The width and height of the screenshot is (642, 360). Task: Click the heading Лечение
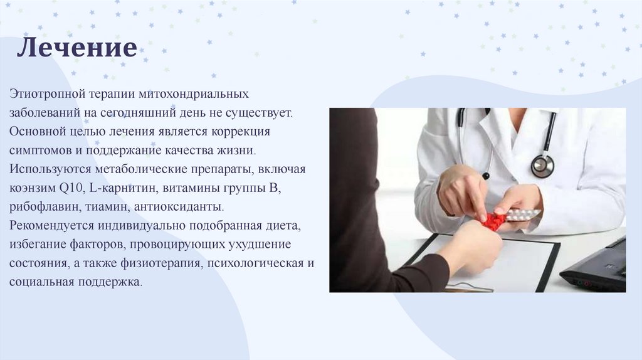[x=77, y=48]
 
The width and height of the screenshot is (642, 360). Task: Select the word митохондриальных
[x=193, y=94]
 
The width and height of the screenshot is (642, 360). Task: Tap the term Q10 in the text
[x=71, y=188]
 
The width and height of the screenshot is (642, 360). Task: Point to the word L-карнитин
[x=122, y=188]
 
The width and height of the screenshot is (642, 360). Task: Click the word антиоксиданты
[x=179, y=207]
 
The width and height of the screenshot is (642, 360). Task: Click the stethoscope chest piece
[x=542, y=166]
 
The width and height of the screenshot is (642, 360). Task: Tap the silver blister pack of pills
[x=522, y=214]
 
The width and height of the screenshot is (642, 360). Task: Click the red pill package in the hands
[x=494, y=221]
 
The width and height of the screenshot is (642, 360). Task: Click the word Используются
[x=50, y=169]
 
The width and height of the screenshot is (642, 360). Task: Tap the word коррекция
[x=241, y=132]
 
